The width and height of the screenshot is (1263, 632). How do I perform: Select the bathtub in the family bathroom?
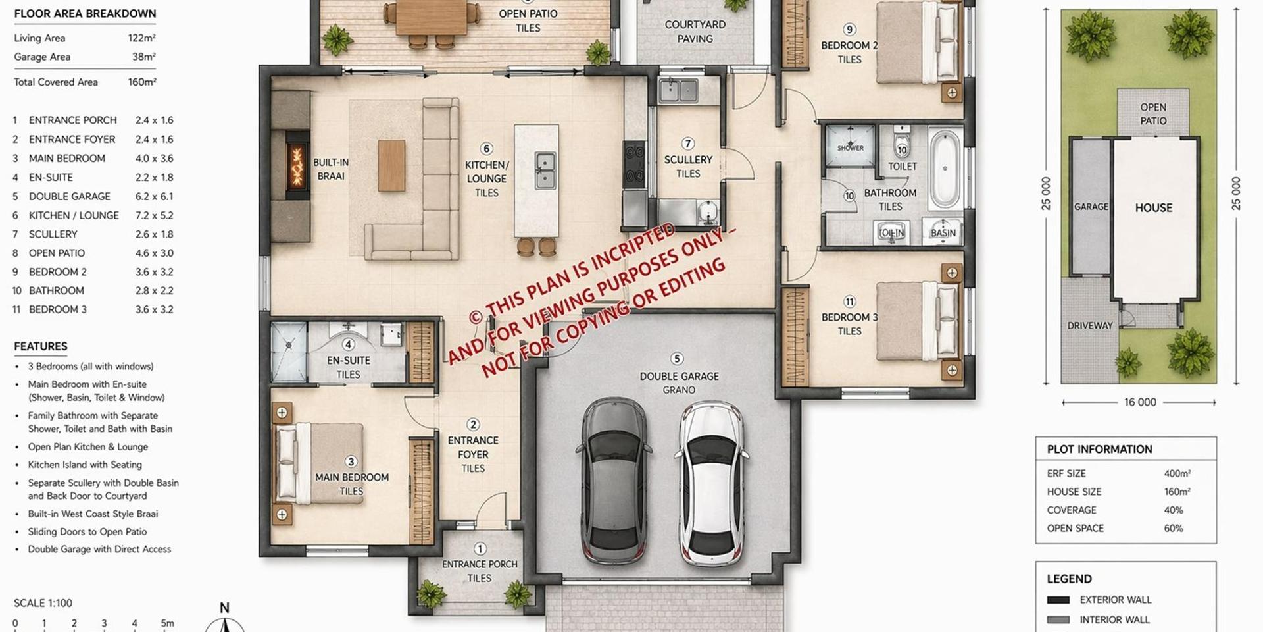tap(945, 169)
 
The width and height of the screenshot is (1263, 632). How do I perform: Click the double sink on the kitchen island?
tap(544, 170)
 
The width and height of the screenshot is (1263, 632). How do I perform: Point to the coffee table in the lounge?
tap(391, 165)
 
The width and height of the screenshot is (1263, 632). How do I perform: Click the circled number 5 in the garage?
tap(677, 359)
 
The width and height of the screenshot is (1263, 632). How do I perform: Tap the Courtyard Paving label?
tap(695, 32)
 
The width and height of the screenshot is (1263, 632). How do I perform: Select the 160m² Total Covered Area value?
tap(142, 82)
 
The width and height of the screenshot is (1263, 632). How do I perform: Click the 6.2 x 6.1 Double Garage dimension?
tap(155, 196)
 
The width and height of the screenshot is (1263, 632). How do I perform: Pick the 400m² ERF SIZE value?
tap(1177, 473)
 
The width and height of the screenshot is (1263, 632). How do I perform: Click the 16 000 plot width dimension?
tap(1140, 402)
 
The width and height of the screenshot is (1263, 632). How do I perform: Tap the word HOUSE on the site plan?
tap(1154, 207)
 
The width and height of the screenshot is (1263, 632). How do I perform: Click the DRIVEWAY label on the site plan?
tap(1090, 325)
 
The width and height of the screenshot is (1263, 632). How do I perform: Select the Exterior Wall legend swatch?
tap(1058, 600)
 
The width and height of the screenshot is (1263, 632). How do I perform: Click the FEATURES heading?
tap(41, 346)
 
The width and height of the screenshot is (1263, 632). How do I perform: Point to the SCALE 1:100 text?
tap(43, 603)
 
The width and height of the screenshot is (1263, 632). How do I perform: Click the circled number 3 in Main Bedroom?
tap(351, 462)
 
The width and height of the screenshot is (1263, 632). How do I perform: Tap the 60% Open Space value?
tap(1174, 528)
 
